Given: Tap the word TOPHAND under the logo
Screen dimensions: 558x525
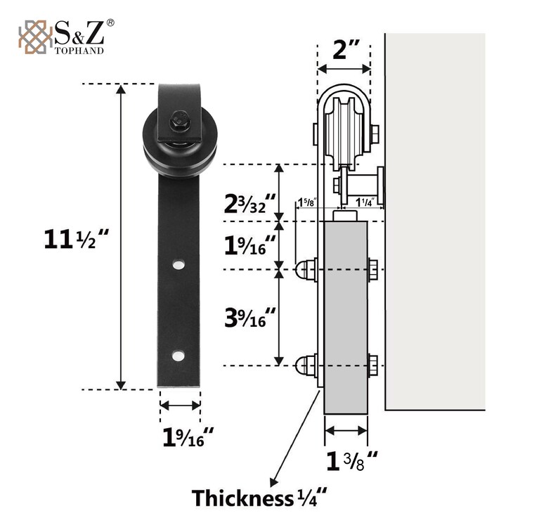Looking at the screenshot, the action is (79, 51).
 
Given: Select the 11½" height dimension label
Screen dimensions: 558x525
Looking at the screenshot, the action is (76, 239).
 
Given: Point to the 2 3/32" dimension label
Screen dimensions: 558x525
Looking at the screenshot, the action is (249, 204).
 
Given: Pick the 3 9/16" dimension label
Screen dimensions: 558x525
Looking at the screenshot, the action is (249, 318).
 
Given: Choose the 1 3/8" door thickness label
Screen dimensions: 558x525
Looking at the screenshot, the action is (351, 461).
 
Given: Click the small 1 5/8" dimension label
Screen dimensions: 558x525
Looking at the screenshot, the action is (306, 202).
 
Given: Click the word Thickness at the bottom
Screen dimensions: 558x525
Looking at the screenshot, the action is (242, 498).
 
